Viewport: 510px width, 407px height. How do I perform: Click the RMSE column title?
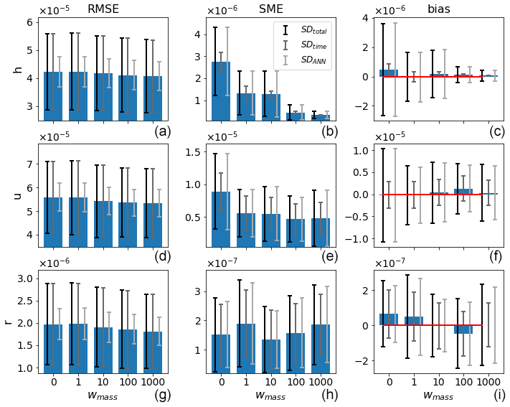click(x=103, y=9)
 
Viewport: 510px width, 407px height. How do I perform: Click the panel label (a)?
click(x=163, y=131)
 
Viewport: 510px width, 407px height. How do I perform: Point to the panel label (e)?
click(x=331, y=258)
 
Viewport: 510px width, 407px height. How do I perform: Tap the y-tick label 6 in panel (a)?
click(x=30, y=22)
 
